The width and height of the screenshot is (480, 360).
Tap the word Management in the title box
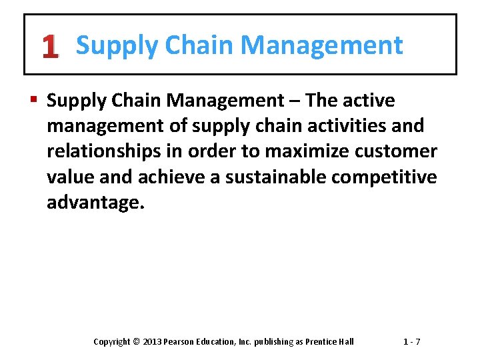(321, 45)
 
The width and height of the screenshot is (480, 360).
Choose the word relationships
(104, 151)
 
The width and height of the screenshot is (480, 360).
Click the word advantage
(93, 203)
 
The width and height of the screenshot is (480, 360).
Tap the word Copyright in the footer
(111, 342)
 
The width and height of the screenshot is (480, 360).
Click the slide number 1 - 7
(411, 342)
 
